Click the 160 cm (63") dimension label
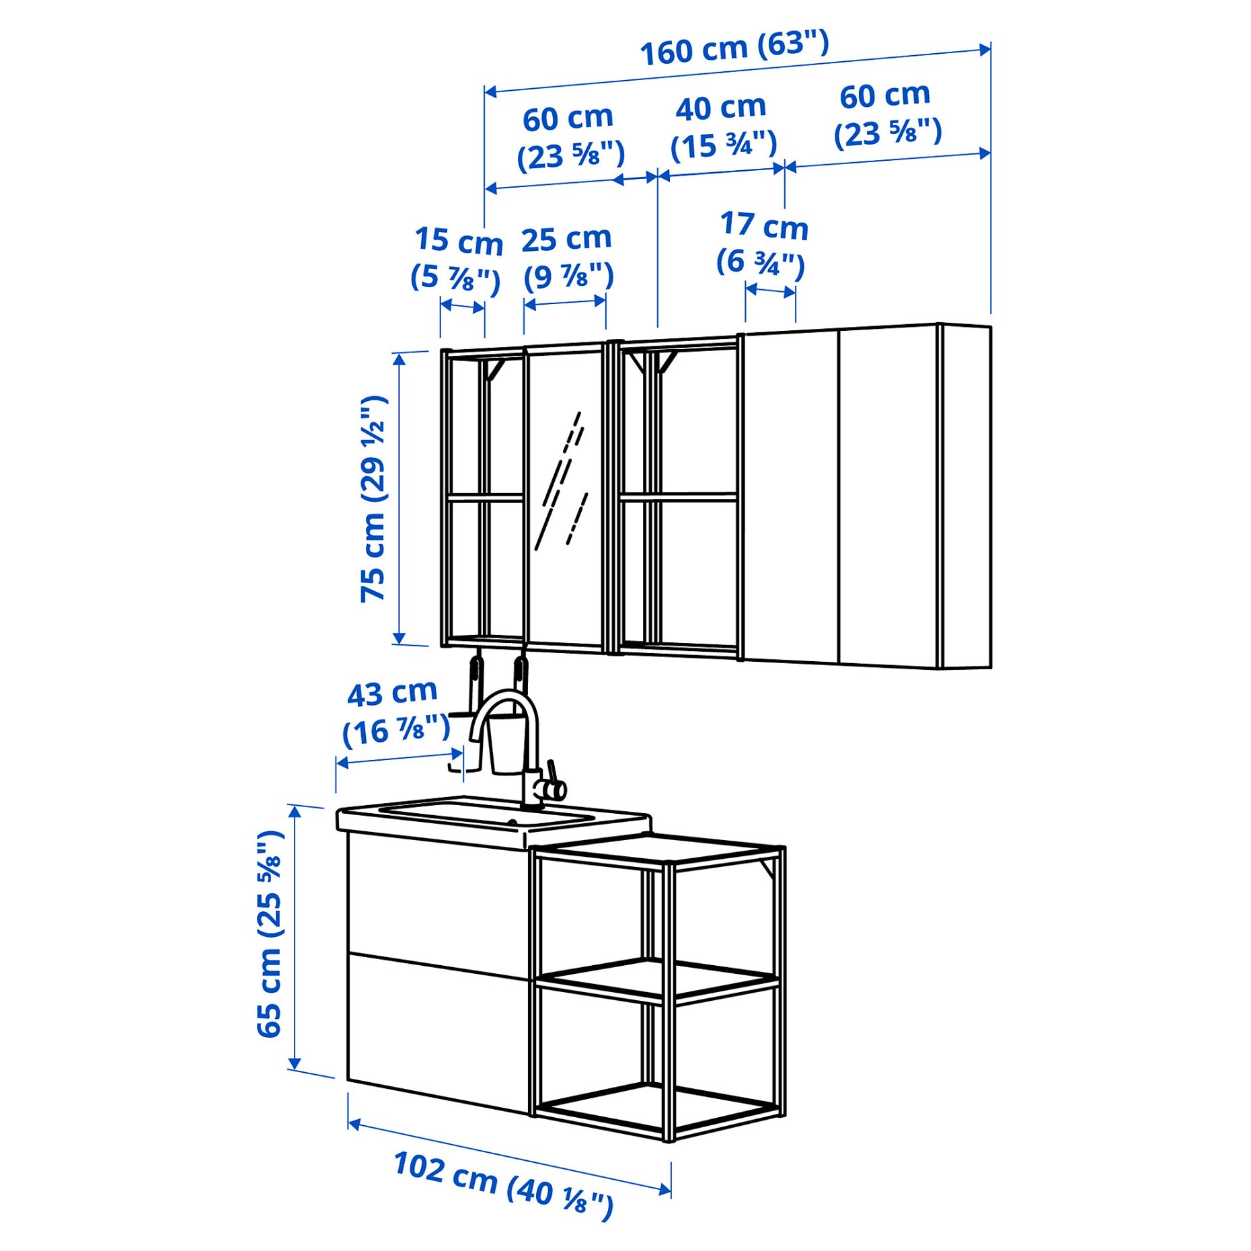[734, 48]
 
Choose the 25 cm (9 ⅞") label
[568, 258]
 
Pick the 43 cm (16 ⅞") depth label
[395, 713]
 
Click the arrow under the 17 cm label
[771, 291]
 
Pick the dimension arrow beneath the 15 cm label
[463, 307]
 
